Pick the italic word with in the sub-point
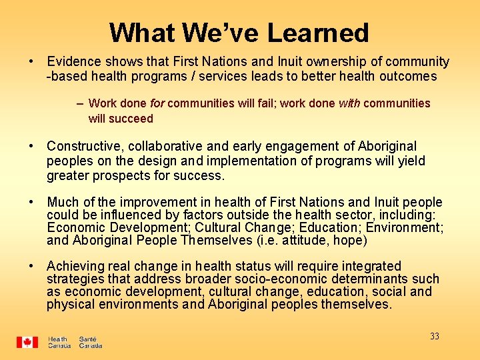click(349, 103)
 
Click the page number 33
click(435, 336)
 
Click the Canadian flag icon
click(27, 342)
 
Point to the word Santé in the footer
click(88, 339)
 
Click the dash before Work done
click(80, 103)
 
